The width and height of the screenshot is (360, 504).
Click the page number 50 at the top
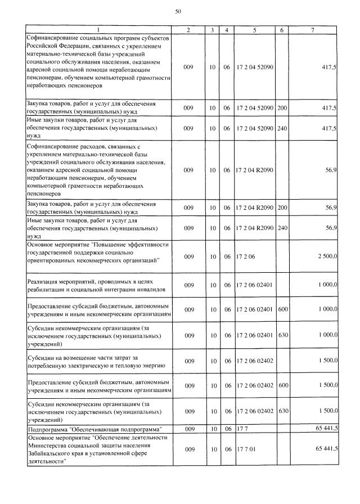tap(178, 11)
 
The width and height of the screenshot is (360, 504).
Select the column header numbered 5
tap(254, 29)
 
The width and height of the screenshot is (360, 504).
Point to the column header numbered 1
tap(98, 29)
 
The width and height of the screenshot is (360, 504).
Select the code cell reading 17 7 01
tap(246, 449)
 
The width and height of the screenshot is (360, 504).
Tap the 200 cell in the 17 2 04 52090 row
tap(282, 108)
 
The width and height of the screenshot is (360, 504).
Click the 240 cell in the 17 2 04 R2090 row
tap(282, 228)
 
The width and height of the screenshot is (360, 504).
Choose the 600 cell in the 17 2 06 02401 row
tap(282, 309)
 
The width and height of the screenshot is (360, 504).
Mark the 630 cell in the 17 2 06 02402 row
tap(282, 411)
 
